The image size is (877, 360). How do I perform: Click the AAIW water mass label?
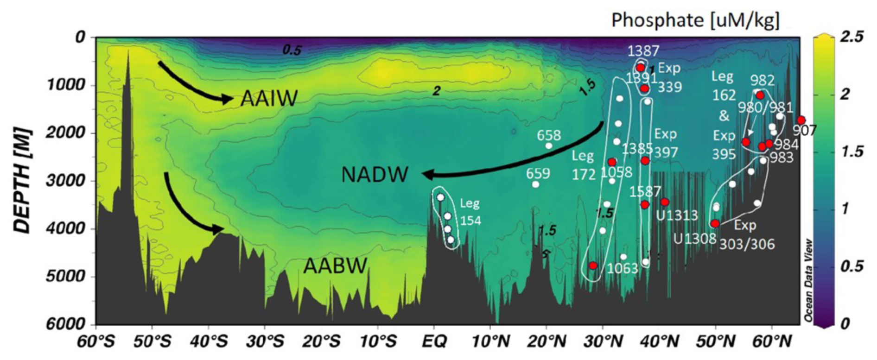[x=269, y=99]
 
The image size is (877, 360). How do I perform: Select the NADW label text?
[x=375, y=175]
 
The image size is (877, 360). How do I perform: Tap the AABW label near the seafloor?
[x=335, y=266]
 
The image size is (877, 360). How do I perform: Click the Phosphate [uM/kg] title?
[x=695, y=20]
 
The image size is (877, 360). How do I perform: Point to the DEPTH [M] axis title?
[x=22, y=181]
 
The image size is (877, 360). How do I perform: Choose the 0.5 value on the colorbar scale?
[x=852, y=266]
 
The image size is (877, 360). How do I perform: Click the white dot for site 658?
[x=549, y=146]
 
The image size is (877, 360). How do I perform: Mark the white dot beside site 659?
[x=535, y=184]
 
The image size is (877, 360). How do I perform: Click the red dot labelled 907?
[x=801, y=120]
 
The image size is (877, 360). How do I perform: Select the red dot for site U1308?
[x=715, y=223]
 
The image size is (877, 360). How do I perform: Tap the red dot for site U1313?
[x=665, y=202]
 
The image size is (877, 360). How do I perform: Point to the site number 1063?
[x=623, y=268]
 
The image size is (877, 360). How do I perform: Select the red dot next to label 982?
[x=760, y=95]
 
